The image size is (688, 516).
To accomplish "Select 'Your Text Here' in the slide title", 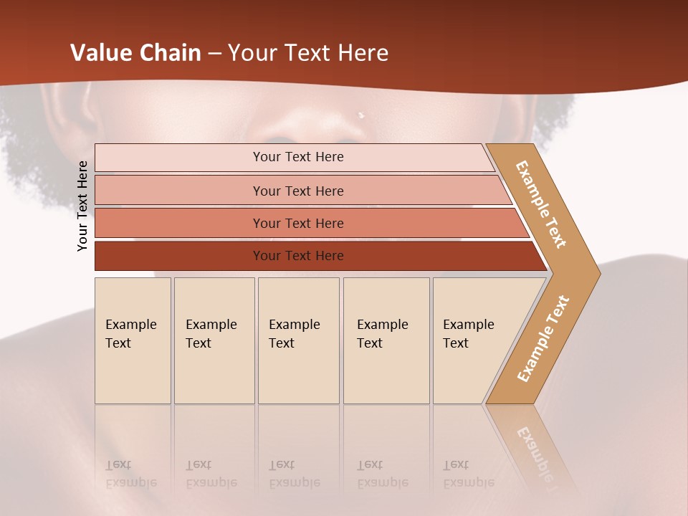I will [308, 53].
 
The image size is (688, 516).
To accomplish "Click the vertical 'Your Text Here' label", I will [82, 206].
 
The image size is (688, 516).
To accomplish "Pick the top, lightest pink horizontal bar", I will [297, 157].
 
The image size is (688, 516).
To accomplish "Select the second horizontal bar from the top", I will [297, 191].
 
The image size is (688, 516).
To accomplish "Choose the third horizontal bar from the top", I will [297, 223].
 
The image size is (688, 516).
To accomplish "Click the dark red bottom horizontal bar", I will [297, 256].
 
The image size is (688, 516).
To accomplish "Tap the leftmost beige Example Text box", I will [133, 340].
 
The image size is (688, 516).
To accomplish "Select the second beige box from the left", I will [214, 340].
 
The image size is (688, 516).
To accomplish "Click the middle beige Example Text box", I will [298, 340].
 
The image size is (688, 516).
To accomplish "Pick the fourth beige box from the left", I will [386, 340].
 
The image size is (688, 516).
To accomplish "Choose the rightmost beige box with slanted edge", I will [473, 340].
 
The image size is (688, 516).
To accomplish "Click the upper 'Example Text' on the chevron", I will [542, 204].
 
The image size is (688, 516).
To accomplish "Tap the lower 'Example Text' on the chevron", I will [543, 338].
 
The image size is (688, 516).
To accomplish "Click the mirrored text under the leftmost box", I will [131, 474].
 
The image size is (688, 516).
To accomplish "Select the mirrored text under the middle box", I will [295, 474].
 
